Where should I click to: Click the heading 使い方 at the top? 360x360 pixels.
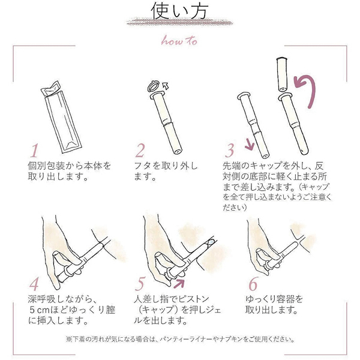coord(179,11)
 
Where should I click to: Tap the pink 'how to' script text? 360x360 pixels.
coord(179,41)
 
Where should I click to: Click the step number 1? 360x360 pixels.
coord(35,151)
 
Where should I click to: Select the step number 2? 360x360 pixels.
coord(140,151)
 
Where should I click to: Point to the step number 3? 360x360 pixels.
coord(229,151)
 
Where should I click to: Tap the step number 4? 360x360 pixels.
coord(34,284)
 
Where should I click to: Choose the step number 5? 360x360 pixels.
coord(140,284)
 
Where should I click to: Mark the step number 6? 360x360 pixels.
coord(253,284)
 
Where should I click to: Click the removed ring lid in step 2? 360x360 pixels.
coord(154,85)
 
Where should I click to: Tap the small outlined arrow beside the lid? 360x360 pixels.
coord(166,86)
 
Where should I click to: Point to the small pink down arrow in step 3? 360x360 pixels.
coord(250,145)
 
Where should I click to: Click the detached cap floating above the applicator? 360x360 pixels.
coord(282,74)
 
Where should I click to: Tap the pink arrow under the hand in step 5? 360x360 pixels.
coord(179,283)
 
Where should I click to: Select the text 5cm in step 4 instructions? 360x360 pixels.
coord(40,310)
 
